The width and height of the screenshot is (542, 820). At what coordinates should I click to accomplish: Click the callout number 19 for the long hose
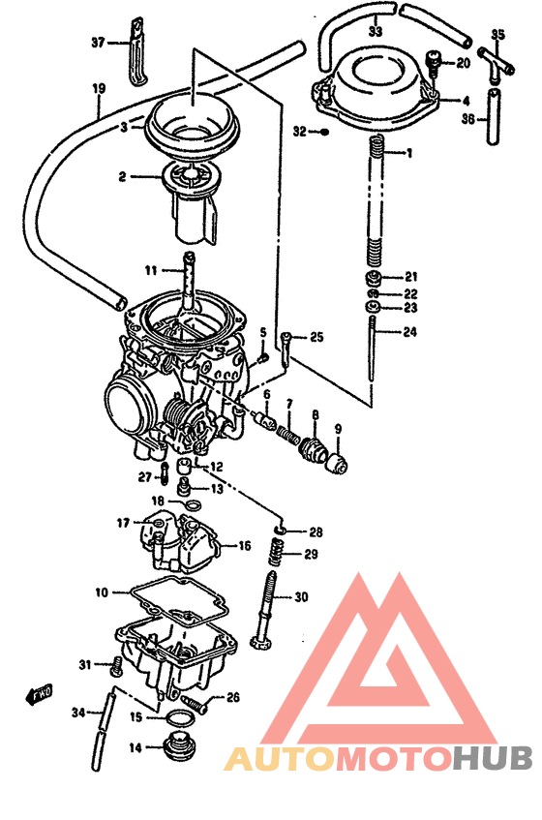coord(98,89)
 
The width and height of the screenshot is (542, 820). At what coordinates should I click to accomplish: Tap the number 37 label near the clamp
coord(97,43)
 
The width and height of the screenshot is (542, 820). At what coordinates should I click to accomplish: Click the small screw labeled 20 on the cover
coord(433,65)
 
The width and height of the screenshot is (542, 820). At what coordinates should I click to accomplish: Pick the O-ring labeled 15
coord(178,718)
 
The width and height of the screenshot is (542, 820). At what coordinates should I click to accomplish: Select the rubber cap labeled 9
coord(336,460)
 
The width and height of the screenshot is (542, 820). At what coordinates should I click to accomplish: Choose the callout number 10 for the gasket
coord(102,592)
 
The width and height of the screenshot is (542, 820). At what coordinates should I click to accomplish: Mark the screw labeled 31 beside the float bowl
coord(117,666)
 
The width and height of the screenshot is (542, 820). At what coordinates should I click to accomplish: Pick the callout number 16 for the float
coord(244,546)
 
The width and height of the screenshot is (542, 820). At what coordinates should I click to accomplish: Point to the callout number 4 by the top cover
coord(466,100)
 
